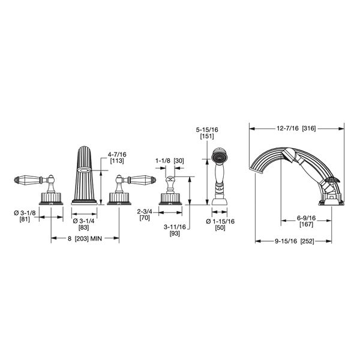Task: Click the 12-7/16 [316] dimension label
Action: (296, 128)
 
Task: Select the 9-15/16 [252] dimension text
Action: (295, 241)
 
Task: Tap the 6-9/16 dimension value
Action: (306, 218)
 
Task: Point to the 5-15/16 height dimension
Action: (207, 130)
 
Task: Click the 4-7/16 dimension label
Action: (117, 154)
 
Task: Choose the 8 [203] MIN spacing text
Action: (85, 238)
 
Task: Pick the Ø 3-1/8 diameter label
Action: (25, 213)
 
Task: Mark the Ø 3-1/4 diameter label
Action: (83, 221)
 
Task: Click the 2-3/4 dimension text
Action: (145, 211)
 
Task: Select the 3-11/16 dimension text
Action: (175, 227)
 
